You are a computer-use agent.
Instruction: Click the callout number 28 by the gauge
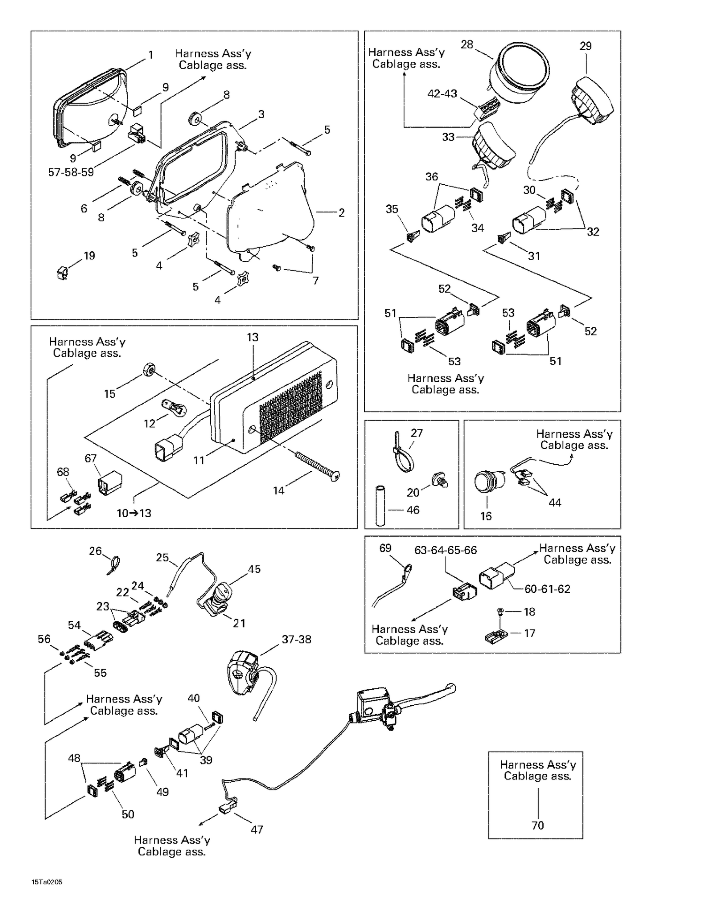pyautogui.click(x=467, y=45)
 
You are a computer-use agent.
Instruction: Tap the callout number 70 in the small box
pyautogui.click(x=537, y=825)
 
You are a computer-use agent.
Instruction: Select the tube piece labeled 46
pyautogui.click(x=380, y=506)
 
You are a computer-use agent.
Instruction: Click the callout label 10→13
pyautogui.click(x=134, y=513)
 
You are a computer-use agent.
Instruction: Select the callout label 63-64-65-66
pyautogui.click(x=445, y=550)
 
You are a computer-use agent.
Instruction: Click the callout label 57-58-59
pyautogui.click(x=71, y=172)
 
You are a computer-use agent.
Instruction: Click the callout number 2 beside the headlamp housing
pyautogui.click(x=341, y=212)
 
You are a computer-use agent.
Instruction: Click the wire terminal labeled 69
pyautogui.click(x=407, y=569)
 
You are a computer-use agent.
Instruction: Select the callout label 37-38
pyautogui.click(x=296, y=639)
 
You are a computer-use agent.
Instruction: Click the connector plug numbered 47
pyautogui.click(x=225, y=808)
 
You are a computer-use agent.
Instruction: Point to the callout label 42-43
pyautogui.click(x=442, y=94)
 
